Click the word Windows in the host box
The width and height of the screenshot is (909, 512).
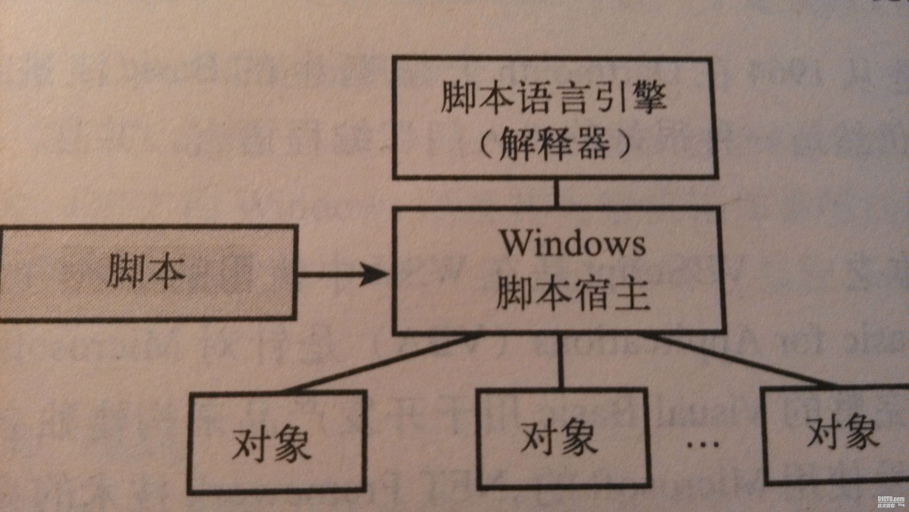574,244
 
